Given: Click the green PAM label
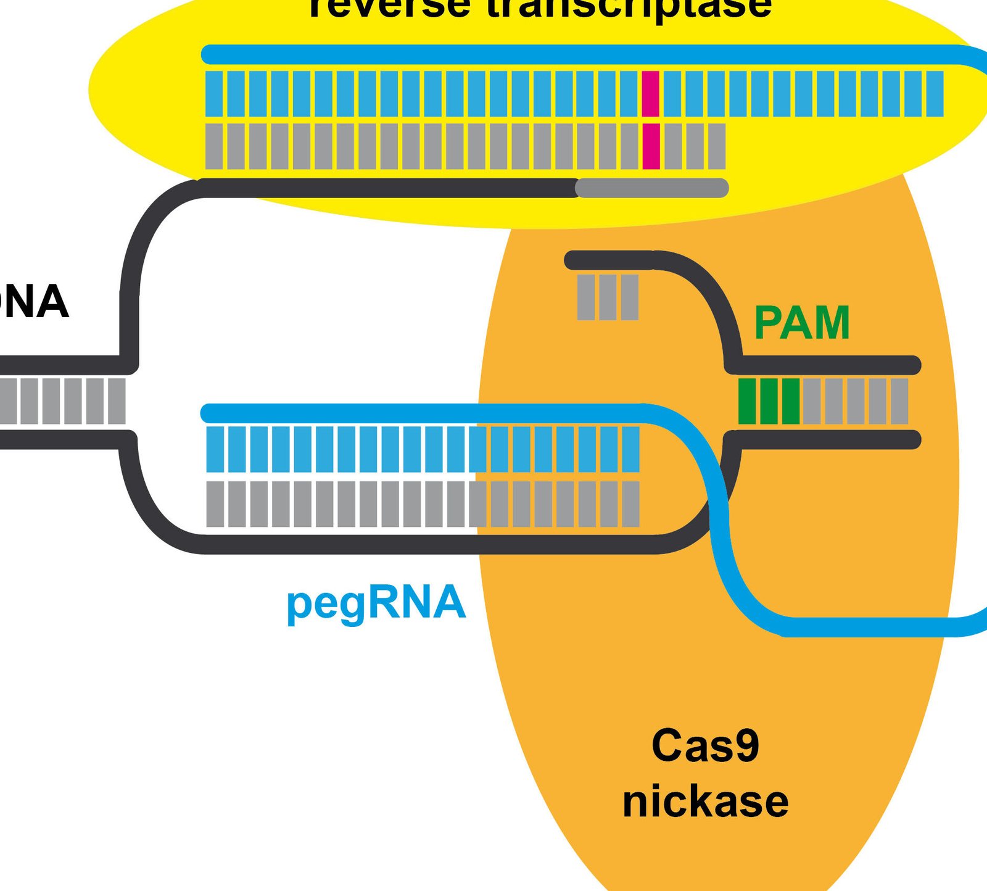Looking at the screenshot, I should (801, 323).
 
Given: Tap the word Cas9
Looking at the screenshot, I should (705, 745).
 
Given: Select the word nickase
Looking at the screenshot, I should (705, 802).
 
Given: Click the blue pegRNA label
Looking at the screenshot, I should (376, 603).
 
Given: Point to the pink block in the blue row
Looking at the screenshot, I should (651, 94).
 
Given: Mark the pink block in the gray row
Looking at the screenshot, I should (651, 146).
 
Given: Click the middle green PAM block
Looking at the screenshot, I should (769, 401).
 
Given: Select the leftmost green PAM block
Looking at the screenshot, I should (747, 401).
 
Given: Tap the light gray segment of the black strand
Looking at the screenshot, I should (652, 188).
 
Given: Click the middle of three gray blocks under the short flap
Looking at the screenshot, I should (608, 297).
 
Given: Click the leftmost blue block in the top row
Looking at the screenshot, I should (214, 94).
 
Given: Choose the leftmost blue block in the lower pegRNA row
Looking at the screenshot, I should (215, 449).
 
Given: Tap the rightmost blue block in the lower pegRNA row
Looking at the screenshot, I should (630, 449).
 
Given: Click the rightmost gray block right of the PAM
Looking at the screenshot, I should (899, 401).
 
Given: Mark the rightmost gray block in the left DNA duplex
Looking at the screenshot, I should (117, 401).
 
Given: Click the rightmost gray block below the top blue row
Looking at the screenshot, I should (716, 146).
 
